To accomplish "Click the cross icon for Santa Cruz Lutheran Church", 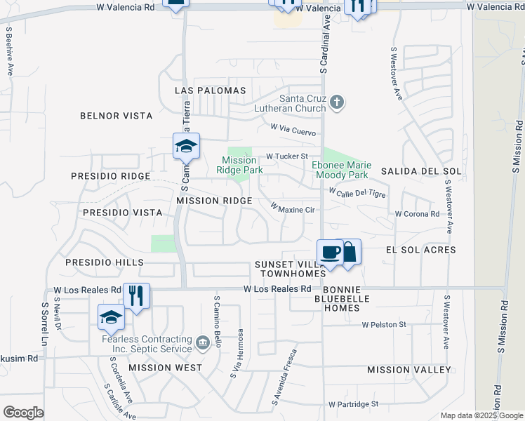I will click(x=337, y=102).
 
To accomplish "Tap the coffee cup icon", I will click(x=329, y=252).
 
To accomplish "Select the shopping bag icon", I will click(x=349, y=252).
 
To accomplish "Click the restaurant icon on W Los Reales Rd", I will click(x=135, y=295).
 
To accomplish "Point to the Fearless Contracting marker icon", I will click(x=203, y=342).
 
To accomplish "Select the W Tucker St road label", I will click(x=286, y=156).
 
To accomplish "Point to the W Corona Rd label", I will click(x=417, y=214).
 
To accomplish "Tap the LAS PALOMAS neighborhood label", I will click(x=211, y=91).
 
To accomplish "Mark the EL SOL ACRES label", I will click(x=421, y=250).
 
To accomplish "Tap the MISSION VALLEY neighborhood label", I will click(x=409, y=370).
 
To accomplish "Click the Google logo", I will click(x=23, y=413).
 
